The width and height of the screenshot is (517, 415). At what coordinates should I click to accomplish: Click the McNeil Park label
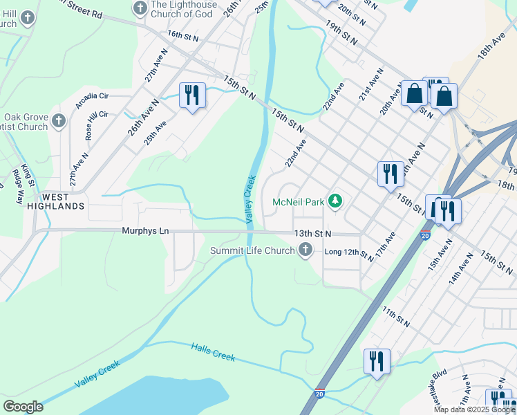pos(298,203)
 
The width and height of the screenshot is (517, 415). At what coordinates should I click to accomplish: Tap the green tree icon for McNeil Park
pos(335,201)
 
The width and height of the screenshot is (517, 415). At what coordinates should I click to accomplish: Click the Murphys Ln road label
pos(145,231)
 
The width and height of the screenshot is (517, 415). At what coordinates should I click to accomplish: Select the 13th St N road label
pos(312,234)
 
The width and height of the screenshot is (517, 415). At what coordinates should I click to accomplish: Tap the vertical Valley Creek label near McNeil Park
pos(250,199)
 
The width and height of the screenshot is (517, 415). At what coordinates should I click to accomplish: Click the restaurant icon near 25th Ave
pos(192,94)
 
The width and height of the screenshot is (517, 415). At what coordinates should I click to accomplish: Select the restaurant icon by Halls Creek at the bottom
pos(377,361)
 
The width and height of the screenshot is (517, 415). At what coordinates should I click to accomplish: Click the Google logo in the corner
pos(23,407)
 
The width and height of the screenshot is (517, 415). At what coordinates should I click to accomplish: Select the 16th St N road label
pos(183,35)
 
